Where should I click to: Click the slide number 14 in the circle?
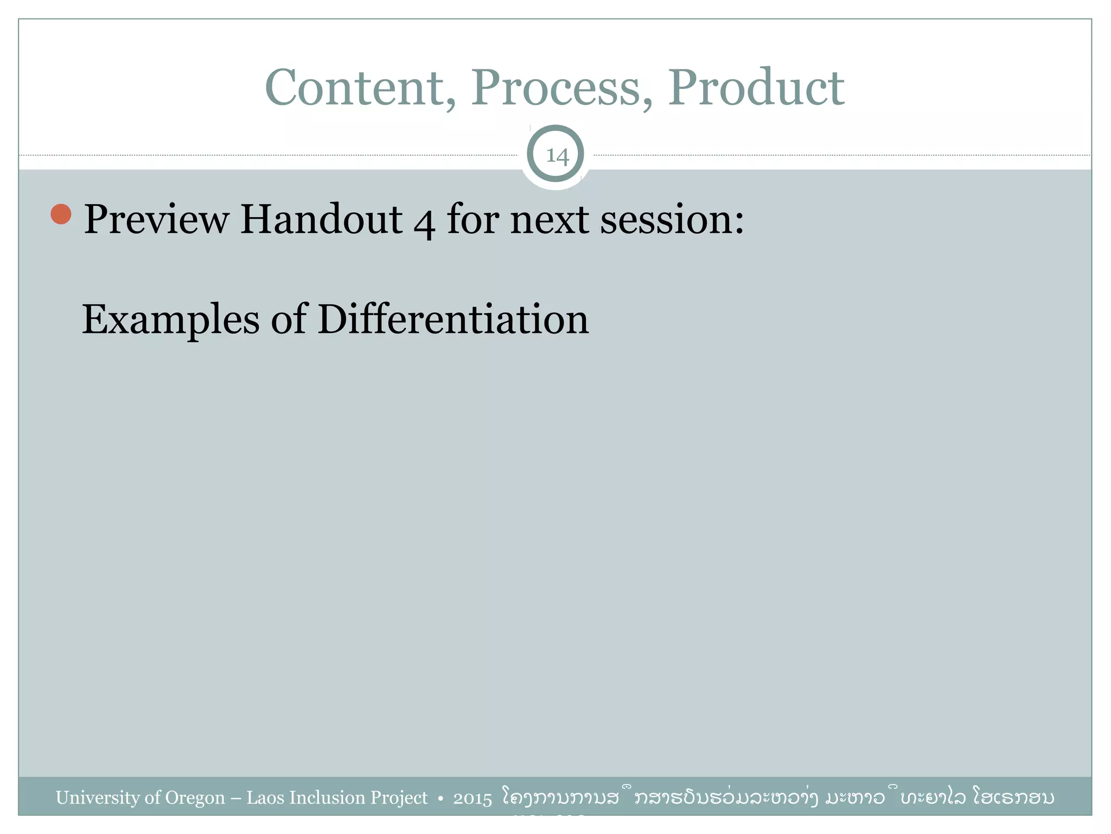pos(557,156)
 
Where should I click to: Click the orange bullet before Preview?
pos(61,214)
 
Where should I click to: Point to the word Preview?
pos(156,219)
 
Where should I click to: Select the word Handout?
pos(321,219)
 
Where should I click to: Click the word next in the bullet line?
pos(549,219)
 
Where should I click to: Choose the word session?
pos(672,219)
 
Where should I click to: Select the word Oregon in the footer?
pos(195,798)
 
